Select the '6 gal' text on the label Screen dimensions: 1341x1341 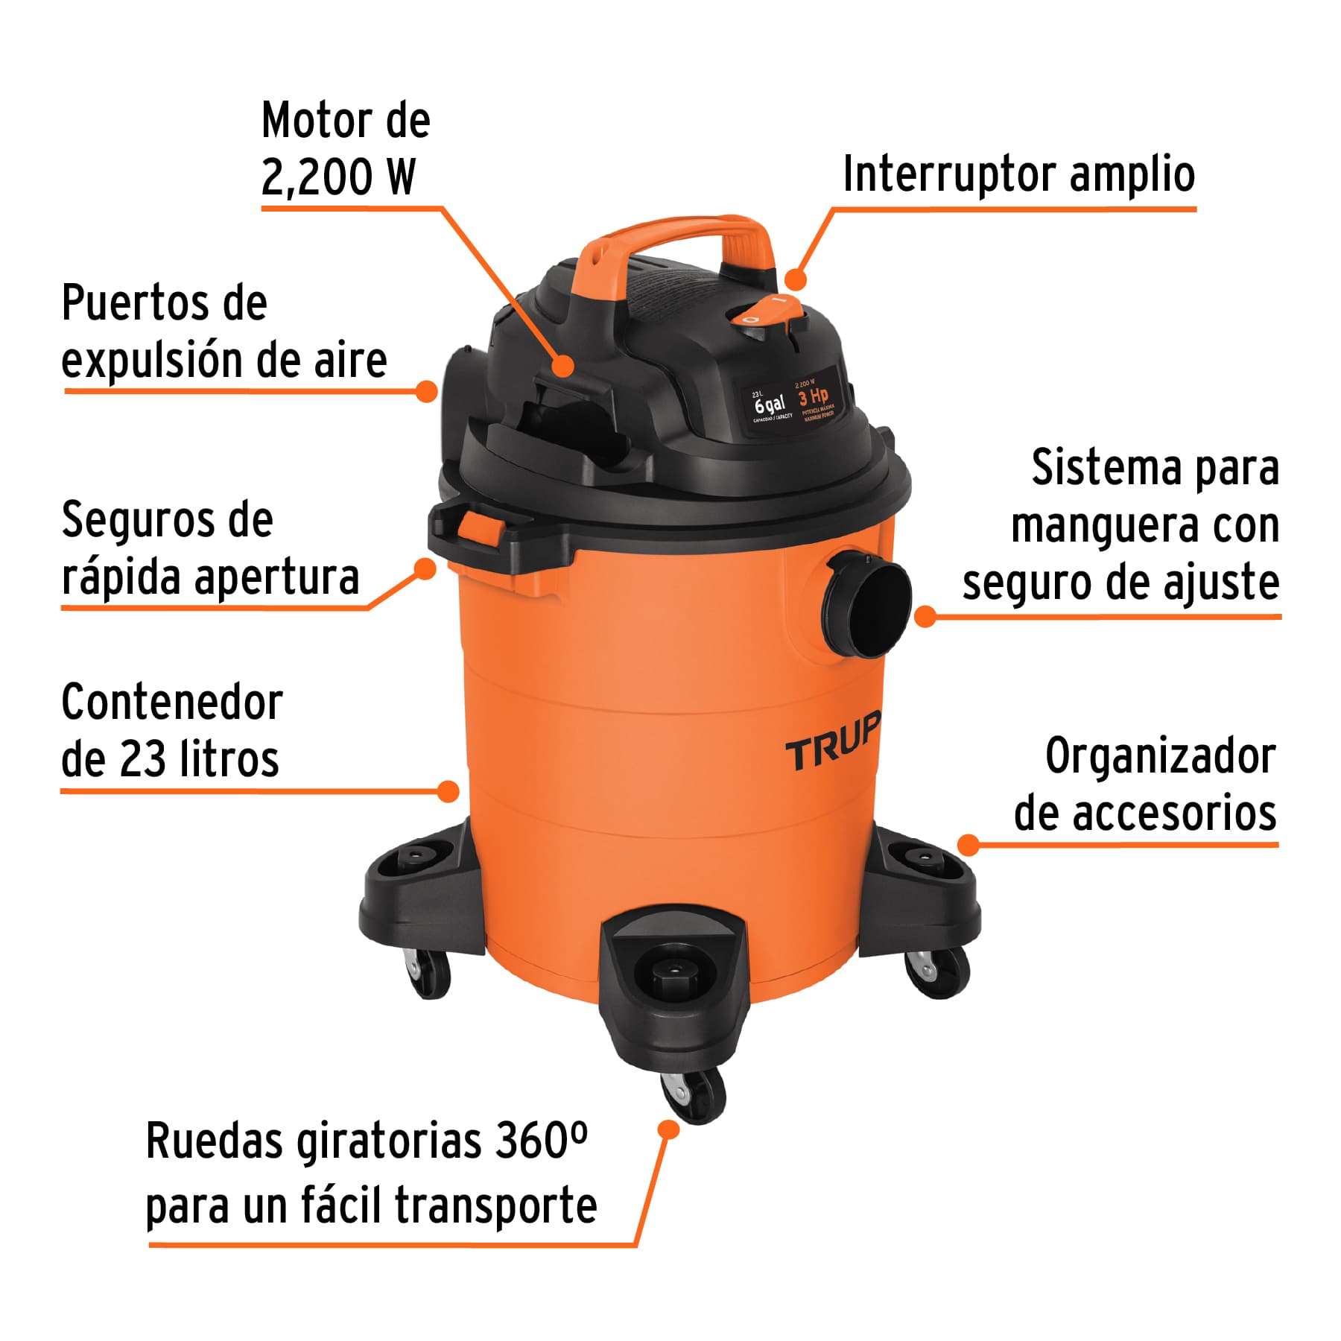pos(770,405)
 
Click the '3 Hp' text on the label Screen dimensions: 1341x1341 pos(813,396)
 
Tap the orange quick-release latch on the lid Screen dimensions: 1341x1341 pos(480,527)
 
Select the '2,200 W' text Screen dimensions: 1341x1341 pos(337,177)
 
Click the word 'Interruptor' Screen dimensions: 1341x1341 pos(950,174)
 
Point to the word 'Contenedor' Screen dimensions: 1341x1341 pos(172,703)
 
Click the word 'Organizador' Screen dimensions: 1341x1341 pos(1160,756)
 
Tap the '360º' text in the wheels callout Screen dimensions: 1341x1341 pos(541,1141)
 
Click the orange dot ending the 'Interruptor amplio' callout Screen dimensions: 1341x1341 pos(796,279)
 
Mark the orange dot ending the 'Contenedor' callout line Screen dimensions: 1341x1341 pos(448,790)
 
